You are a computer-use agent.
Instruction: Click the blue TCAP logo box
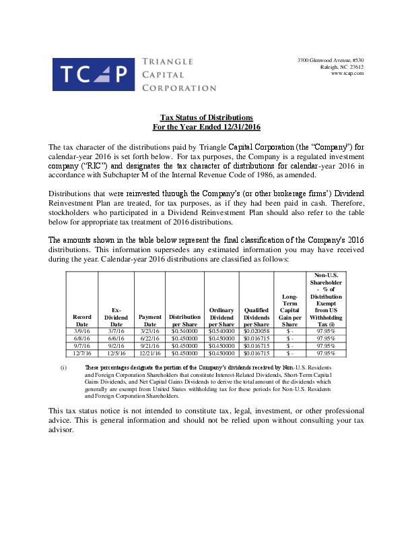coord(93,75)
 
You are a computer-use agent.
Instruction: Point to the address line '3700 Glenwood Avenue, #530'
coord(331,61)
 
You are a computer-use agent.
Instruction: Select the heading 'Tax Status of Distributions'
coord(206,117)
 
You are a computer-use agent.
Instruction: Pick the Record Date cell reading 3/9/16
coord(81,331)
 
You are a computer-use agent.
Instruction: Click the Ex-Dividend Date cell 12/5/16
coord(116,353)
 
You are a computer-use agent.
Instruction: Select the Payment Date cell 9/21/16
coord(150,345)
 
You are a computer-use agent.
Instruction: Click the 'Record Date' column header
coord(81,320)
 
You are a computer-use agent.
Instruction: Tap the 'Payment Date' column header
coord(150,320)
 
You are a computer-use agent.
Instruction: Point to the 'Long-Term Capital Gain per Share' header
coord(289,309)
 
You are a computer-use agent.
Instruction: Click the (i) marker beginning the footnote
coord(63,367)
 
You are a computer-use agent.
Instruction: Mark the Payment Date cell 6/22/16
coord(150,338)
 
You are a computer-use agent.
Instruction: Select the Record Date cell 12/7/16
coord(81,353)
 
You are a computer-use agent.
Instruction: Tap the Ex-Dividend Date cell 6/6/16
coord(116,338)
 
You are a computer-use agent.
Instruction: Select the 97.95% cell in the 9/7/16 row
coord(326,345)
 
